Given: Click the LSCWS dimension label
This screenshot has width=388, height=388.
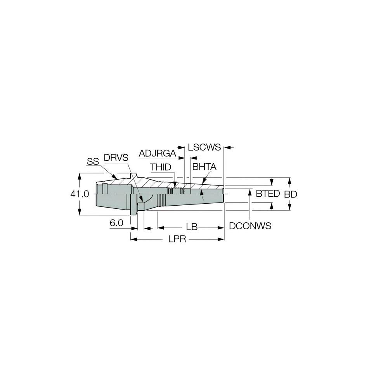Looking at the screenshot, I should pyautogui.click(x=204, y=147).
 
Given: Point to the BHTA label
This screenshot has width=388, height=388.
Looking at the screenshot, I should pyautogui.click(x=204, y=167).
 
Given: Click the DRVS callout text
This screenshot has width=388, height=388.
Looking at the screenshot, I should pyautogui.click(x=115, y=158).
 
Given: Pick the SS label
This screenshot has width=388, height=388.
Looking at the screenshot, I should pyautogui.click(x=93, y=162).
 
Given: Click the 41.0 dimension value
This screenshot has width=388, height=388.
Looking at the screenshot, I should pyautogui.click(x=80, y=194).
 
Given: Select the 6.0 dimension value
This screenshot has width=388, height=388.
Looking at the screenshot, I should pyautogui.click(x=116, y=223).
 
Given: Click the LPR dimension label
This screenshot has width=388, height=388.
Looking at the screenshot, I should pyautogui.click(x=178, y=240).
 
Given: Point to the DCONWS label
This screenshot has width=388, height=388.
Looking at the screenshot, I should pyautogui.click(x=250, y=226).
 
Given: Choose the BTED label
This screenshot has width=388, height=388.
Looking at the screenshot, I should pyautogui.click(x=268, y=194).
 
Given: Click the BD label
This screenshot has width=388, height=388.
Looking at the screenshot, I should pyautogui.click(x=291, y=194).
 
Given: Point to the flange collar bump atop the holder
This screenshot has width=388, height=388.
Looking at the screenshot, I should pyautogui.click(x=133, y=175).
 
